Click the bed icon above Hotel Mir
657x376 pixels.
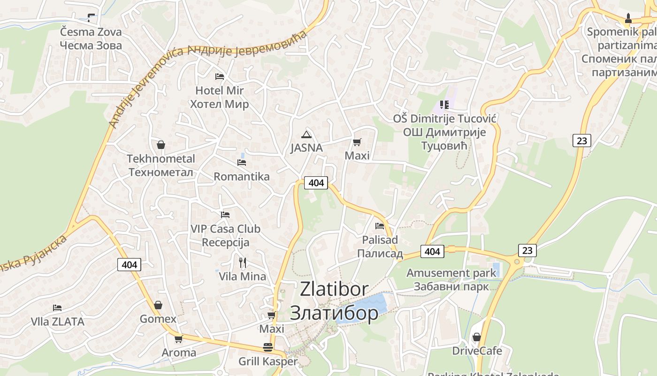[x=220, y=76]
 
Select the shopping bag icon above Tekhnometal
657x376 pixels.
[x=161, y=145]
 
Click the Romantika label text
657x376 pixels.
[x=242, y=177]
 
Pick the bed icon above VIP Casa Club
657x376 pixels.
[x=225, y=215]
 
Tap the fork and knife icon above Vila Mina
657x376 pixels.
[x=243, y=262]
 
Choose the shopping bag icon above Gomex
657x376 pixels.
[x=158, y=305]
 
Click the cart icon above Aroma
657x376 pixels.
[x=178, y=339]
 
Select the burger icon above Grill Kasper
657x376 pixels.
[x=268, y=347]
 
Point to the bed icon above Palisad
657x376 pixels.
[x=380, y=226]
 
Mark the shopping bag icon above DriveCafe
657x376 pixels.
[x=477, y=337]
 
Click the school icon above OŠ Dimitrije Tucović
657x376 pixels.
[x=444, y=104]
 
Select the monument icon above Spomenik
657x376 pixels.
[x=628, y=18]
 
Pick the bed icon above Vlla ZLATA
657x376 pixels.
[x=57, y=308]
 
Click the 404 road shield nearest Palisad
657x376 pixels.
[x=432, y=251]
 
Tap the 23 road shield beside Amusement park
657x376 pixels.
[x=527, y=250]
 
